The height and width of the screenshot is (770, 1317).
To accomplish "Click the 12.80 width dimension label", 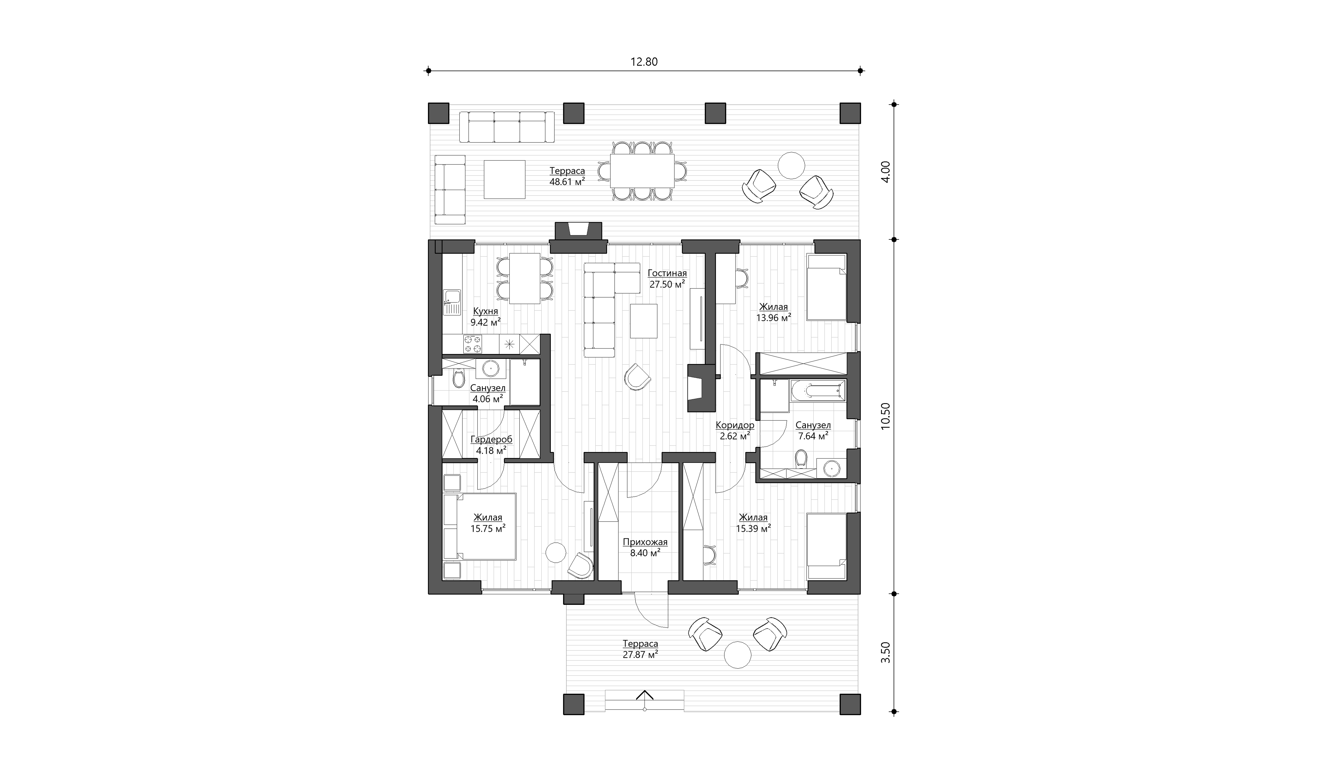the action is [644, 62].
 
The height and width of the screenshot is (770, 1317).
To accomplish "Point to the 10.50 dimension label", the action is [885, 416].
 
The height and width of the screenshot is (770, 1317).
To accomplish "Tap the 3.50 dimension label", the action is [885, 652].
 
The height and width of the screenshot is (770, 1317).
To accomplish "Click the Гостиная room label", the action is [667, 273].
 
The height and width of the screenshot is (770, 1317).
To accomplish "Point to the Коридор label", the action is [735, 425].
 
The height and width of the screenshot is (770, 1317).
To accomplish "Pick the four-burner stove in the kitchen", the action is [107, 344].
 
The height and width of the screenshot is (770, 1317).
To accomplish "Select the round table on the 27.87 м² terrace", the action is [737, 655].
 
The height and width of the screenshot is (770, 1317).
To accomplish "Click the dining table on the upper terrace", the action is [642, 171].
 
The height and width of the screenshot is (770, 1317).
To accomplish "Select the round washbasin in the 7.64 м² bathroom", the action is [831, 468].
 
